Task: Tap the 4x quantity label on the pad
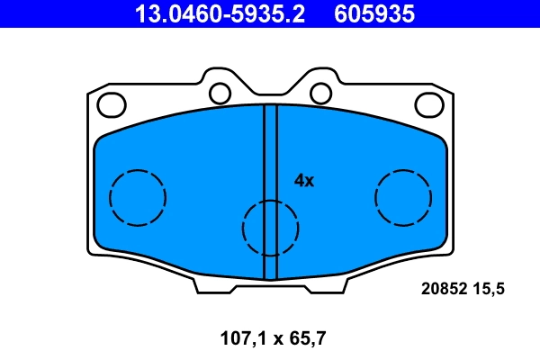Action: click(304, 180)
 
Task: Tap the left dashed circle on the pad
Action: click(138, 196)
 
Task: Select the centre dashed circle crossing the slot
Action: click(270, 227)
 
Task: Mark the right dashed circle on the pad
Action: click(403, 196)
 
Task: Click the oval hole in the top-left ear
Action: click(112, 104)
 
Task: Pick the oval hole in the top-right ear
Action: click(429, 104)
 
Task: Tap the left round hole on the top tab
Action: click(219, 93)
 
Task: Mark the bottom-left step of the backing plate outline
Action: click(196, 286)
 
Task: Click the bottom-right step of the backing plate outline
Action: click(345, 286)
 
